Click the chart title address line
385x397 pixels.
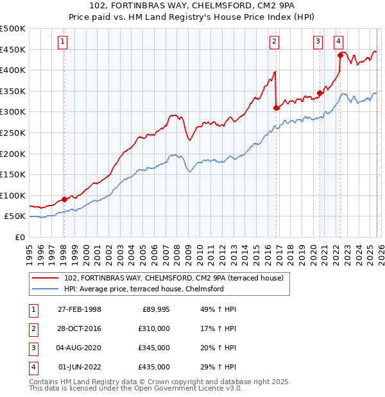[x=193, y=7]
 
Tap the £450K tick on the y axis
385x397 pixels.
[x=13, y=49]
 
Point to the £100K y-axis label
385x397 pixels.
[x=13, y=195]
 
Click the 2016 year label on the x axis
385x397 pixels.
[x=265, y=250]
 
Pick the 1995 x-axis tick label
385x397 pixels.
[x=30, y=250]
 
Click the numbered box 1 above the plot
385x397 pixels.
[x=63, y=42]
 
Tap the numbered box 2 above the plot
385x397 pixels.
[x=274, y=42]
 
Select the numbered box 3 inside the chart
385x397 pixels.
[x=318, y=42]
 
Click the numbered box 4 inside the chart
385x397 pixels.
[x=338, y=42]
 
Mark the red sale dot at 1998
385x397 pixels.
[x=65, y=200]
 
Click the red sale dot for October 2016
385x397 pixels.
[x=276, y=108]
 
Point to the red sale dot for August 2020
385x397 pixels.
[x=320, y=93]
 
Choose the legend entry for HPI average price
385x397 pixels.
[x=144, y=289]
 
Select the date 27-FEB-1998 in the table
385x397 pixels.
[x=80, y=309]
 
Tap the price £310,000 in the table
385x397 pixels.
[x=154, y=328]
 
